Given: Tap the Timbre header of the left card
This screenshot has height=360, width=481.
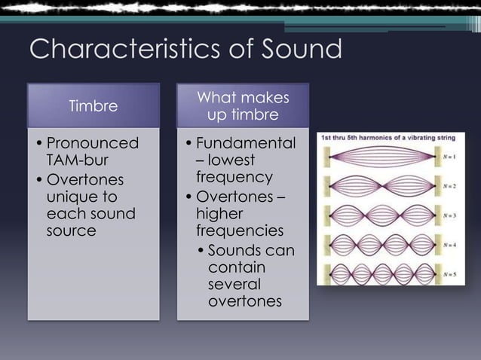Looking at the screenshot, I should coord(93,105).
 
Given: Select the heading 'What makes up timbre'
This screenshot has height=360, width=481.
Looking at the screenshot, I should coord(242,106).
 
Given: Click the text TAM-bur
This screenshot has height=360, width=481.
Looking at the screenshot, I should coord(78,160).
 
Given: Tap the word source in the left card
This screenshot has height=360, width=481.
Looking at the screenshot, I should coord(72,230).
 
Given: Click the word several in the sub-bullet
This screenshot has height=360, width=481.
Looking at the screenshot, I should coord(234,285).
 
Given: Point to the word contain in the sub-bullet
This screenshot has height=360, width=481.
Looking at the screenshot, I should coord(234,267).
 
